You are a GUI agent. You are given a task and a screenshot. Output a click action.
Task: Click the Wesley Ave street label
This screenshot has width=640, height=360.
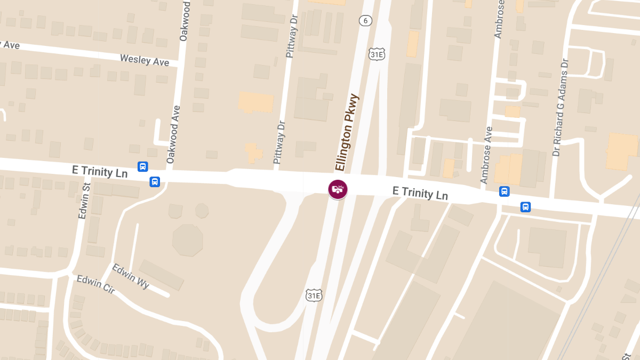tap(144, 60)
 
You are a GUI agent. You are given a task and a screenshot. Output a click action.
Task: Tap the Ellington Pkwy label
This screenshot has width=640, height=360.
tap(347, 133)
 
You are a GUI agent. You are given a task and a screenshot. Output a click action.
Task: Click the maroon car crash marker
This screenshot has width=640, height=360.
tap(338, 189)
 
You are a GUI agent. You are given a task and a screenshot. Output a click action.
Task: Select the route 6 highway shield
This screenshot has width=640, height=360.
tap(365, 21)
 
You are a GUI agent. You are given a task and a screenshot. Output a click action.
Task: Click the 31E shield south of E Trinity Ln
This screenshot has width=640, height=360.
tap(314, 295)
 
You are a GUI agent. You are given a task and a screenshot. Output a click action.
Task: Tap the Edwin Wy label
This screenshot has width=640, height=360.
tap(131, 276)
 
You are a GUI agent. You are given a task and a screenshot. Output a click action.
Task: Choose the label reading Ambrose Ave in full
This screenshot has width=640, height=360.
tap(487, 155)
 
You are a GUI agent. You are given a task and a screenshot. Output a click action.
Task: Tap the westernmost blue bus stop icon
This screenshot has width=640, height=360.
tap(142, 166)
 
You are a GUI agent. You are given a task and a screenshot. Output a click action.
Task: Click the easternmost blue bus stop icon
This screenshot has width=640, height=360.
tap(525, 207)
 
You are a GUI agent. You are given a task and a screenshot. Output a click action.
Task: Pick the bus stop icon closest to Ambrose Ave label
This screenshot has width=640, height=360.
tap(504, 191)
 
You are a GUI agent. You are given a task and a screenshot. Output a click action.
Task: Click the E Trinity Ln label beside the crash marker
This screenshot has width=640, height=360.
tap(420, 193)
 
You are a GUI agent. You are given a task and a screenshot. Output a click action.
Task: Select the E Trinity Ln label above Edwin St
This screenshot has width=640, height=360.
tap(100, 171)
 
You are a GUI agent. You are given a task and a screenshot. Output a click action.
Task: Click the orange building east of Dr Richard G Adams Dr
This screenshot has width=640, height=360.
tap(622, 151)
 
